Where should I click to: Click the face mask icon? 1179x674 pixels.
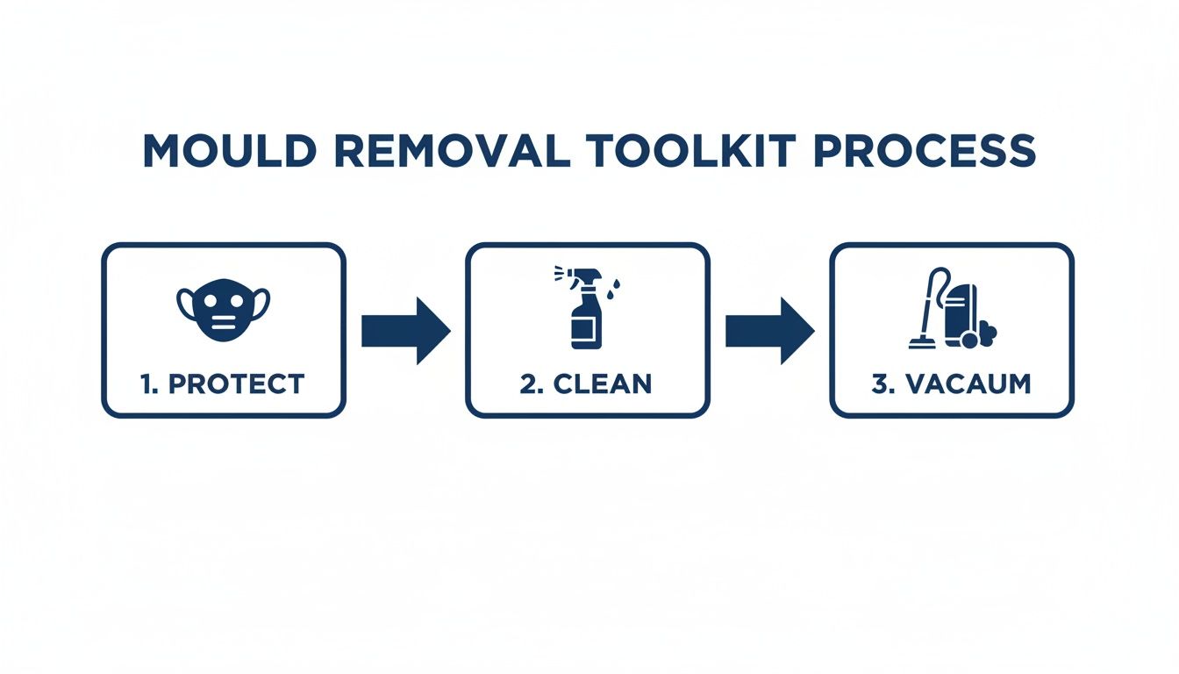point(224,310)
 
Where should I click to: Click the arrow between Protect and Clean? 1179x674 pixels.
point(405,331)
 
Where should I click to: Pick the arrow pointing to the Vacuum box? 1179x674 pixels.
point(769,331)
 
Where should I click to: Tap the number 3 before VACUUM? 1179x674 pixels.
point(880,384)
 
